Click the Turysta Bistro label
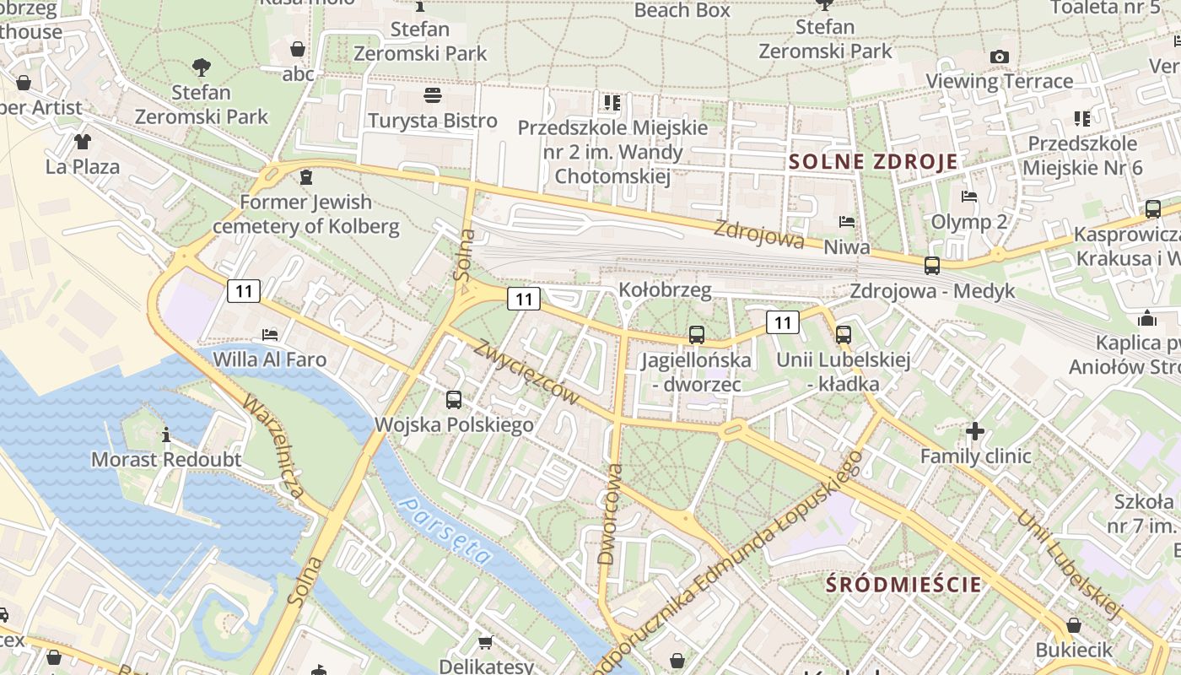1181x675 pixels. pyautogui.click(x=432, y=121)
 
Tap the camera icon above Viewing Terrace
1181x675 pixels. pyautogui.click(x=1000, y=57)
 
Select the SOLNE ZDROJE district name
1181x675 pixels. pyautogui.click(x=873, y=162)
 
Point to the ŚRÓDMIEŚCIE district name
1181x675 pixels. pyautogui.click(x=903, y=584)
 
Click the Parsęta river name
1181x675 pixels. pyautogui.click(x=445, y=531)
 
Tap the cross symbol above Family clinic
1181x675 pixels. pyautogui.click(x=975, y=432)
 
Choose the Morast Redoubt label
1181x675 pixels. pyautogui.click(x=165, y=460)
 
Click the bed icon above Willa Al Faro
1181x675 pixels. pyautogui.click(x=269, y=335)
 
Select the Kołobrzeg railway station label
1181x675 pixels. pyautogui.click(x=665, y=290)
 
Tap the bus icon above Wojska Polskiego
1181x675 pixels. pyautogui.click(x=454, y=400)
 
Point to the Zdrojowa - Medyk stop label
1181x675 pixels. pyautogui.click(x=932, y=291)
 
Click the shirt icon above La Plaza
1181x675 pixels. pyautogui.click(x=82, y=142)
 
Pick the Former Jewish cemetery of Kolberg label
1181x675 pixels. pyautogui.click(x=305, y=214)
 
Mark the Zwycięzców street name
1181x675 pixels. pyautogui.click(x=527, y=371)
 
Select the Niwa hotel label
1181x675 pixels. pyautogui.click(x=846, y=247)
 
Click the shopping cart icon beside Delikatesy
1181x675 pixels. pyautogui.click(x=486, y=643)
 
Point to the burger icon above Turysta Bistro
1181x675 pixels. pyautogui.click(x=433, y=94)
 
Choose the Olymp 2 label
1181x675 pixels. pyautogui.click(x=968, y=222)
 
